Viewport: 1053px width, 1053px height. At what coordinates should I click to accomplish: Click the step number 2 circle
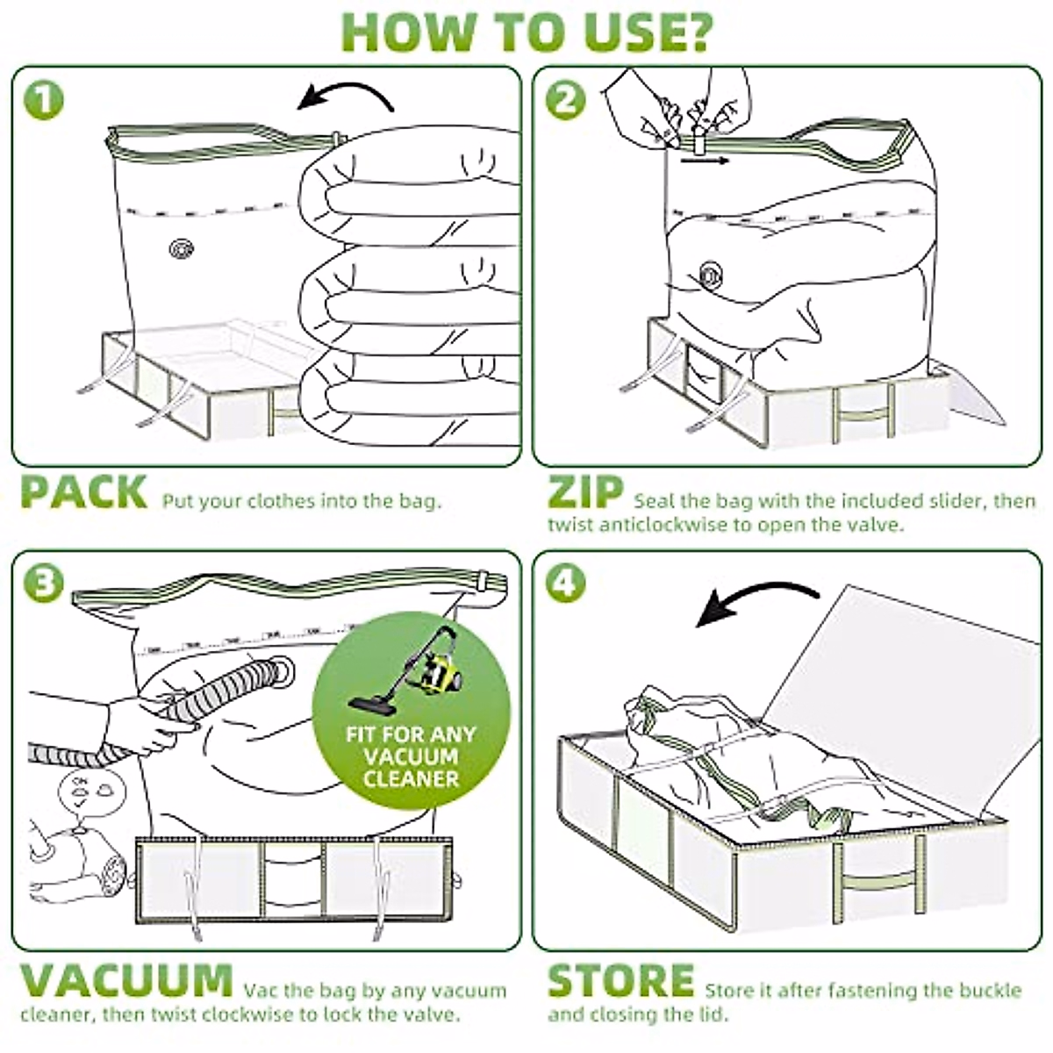pos(566,101)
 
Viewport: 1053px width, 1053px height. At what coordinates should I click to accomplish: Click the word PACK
pos(83,492)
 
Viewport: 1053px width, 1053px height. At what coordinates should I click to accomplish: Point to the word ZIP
pos(585,492)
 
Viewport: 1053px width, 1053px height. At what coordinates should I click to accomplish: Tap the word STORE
pos(620,979)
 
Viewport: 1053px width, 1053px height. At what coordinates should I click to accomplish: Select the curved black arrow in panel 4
pos(759,603)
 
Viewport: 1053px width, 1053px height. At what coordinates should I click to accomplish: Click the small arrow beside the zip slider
pos(714,161)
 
